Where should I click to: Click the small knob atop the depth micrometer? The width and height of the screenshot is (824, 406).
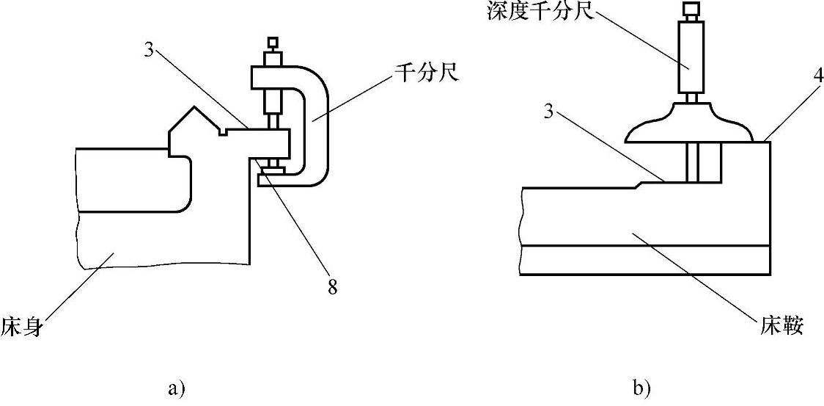(691, 10)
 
